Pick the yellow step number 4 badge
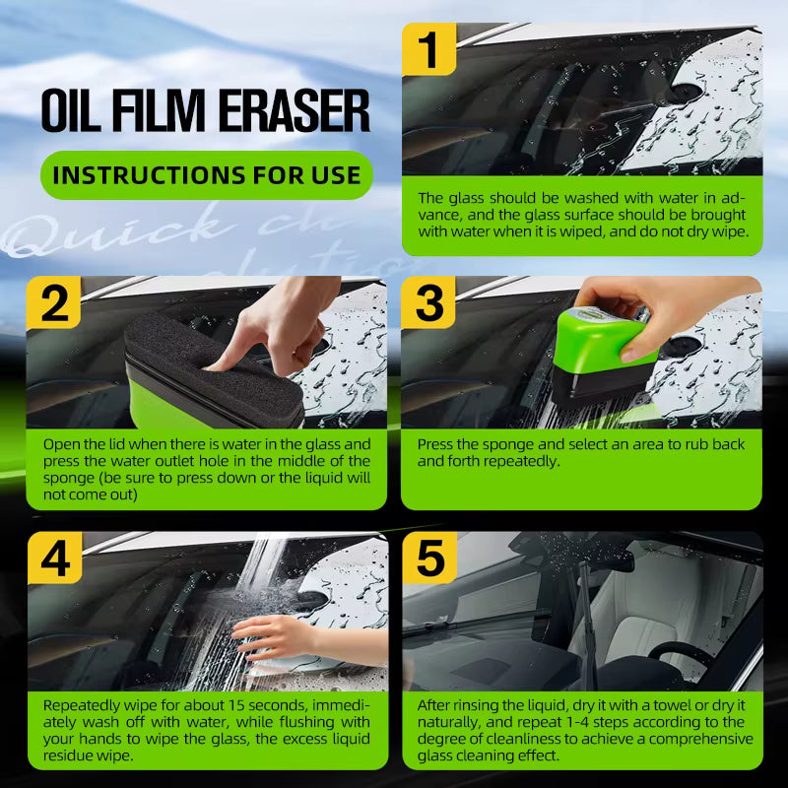[x=54, y=558]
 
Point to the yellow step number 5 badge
[x=429, y=558]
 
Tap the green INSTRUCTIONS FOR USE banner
[x=206, y=176]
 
